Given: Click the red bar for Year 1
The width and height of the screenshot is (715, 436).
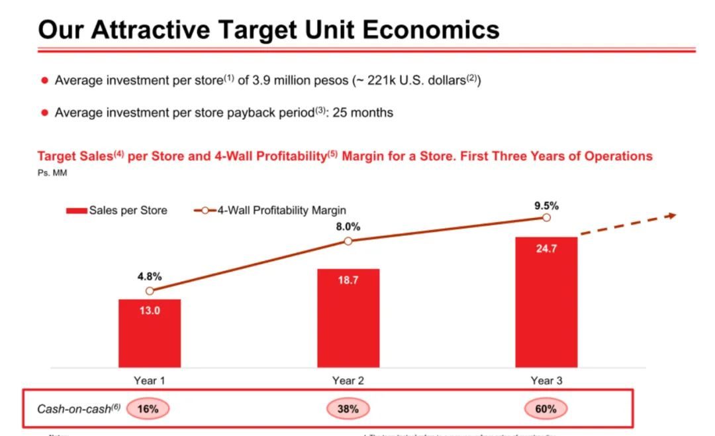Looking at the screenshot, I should click(150, 333).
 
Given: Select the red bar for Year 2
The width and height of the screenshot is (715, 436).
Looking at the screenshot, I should click(348, 318).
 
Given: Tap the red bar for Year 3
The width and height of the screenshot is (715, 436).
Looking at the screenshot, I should click(546, 302).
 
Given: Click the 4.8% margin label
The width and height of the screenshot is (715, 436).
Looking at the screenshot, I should click(150, 276).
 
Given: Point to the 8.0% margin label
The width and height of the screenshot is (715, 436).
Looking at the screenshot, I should click(348, 226).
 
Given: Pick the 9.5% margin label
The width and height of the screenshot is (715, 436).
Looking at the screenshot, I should click(546, 205).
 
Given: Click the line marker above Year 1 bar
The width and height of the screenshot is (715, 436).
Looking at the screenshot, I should click(150, 291).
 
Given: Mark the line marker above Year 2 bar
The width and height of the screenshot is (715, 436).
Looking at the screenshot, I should click(348, 241).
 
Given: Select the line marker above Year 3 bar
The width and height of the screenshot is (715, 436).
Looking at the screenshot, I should click(546, 217).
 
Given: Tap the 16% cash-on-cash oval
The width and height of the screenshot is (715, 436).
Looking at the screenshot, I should click(148, 409).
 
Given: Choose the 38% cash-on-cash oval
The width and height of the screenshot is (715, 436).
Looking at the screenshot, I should click(348, 409).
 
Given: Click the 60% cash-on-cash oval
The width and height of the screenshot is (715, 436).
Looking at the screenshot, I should click(546, 409).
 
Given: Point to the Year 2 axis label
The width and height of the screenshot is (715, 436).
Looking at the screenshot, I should click(348, 380).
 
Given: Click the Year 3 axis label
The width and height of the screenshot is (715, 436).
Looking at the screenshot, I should click(546, 380).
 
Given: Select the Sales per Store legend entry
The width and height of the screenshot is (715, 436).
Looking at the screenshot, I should click(117, 211).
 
